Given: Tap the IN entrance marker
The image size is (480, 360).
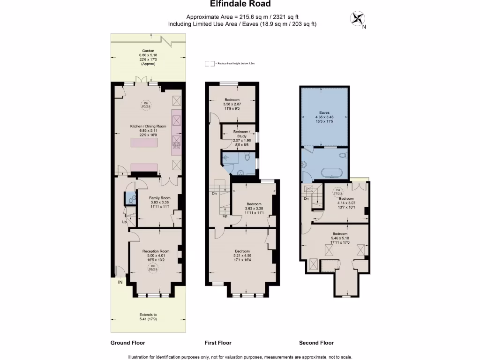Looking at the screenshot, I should pos(120,282).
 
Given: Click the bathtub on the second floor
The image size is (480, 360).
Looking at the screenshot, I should pos(332,173).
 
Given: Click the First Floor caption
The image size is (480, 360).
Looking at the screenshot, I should pos(218,343).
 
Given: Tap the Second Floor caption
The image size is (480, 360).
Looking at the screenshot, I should pos(316,343).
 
